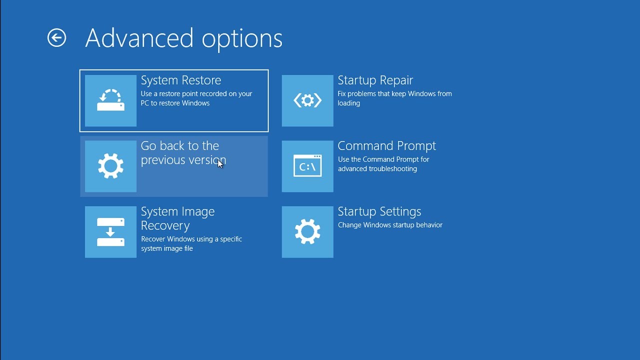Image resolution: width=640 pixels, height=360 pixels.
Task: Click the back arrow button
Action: click(56, 37)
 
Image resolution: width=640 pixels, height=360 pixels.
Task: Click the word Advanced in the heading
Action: click(139, 38)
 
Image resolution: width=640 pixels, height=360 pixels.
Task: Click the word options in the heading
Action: click(242, 39)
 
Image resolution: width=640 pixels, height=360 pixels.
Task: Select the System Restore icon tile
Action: click(110, 100)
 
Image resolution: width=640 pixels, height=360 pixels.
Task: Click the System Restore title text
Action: click(181, 80)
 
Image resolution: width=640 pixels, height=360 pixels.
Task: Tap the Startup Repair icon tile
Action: click(307, 100)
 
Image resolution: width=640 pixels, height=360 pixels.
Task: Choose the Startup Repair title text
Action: click(375, 80)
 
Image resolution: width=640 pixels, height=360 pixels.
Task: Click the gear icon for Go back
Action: click(110, 166)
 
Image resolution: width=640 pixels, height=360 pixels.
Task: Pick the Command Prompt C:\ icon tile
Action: click(307, 166)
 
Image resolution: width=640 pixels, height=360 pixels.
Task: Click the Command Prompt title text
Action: click(386, 146)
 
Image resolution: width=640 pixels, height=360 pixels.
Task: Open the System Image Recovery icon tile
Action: click(110, 231)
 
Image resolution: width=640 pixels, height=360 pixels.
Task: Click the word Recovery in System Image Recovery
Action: click(165, 225)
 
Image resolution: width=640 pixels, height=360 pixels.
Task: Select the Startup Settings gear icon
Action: click(307, 231)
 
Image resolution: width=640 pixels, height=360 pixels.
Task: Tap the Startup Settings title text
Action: click(379, 211)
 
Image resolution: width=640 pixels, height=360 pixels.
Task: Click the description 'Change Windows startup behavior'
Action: click(390, 225)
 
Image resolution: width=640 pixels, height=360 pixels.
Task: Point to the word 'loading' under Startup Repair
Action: click(348, 103)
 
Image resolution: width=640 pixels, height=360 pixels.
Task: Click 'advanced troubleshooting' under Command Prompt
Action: click(377, 169)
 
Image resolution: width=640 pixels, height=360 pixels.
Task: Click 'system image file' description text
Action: click(167, 248)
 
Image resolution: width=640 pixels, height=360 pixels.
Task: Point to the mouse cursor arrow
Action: click(220, 164)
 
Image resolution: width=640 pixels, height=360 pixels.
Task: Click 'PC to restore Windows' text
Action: click(175, 103)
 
